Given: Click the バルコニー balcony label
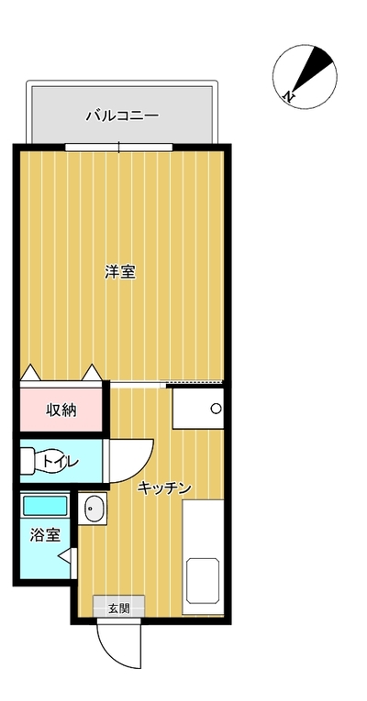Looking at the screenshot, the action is click(x=122, y=116).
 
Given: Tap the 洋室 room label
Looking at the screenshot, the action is click(x=120, y=272).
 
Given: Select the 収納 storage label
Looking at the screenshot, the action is click(x=61, y=410).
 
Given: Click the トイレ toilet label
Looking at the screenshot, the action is click(x=61, y=462).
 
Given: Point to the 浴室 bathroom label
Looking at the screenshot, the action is click(x=45, y=535).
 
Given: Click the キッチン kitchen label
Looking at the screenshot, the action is click(x=164, y=487).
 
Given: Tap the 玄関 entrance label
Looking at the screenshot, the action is click(x=118, y=608).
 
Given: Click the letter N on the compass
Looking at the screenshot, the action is click(x=289, y=95).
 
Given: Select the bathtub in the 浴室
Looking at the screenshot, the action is click(x=45, y=505).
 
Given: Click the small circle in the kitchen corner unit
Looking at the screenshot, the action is click(x=217, y=409).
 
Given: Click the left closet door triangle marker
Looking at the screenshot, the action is click(x=30, y=372).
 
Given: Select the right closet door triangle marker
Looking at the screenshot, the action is click(x=92, y=372).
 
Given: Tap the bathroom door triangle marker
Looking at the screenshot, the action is click(x=65, y=555).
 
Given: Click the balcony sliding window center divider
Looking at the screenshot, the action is click(x=118, y=148).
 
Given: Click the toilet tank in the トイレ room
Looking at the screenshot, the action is click(x=26, y=461).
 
